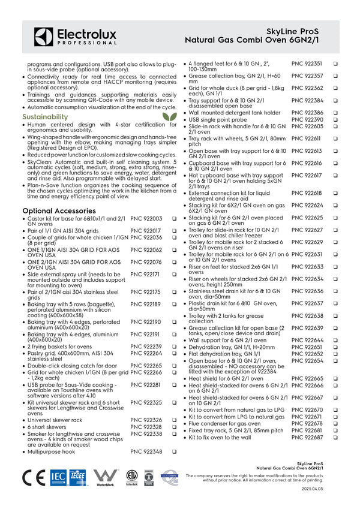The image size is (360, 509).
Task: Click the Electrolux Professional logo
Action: coord(75,37)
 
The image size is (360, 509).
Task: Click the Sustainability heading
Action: coord(45,116)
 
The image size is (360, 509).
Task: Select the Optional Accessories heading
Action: coord(59,211)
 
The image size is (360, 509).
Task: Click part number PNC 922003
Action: coord(146,219)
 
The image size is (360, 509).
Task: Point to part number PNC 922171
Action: coord(146,274)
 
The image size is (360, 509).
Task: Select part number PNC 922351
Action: coord(307,64)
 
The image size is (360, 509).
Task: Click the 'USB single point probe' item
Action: coord(218,120)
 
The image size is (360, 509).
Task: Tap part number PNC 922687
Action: coord(307,438)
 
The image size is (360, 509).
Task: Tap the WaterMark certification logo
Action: coord(105,477)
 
